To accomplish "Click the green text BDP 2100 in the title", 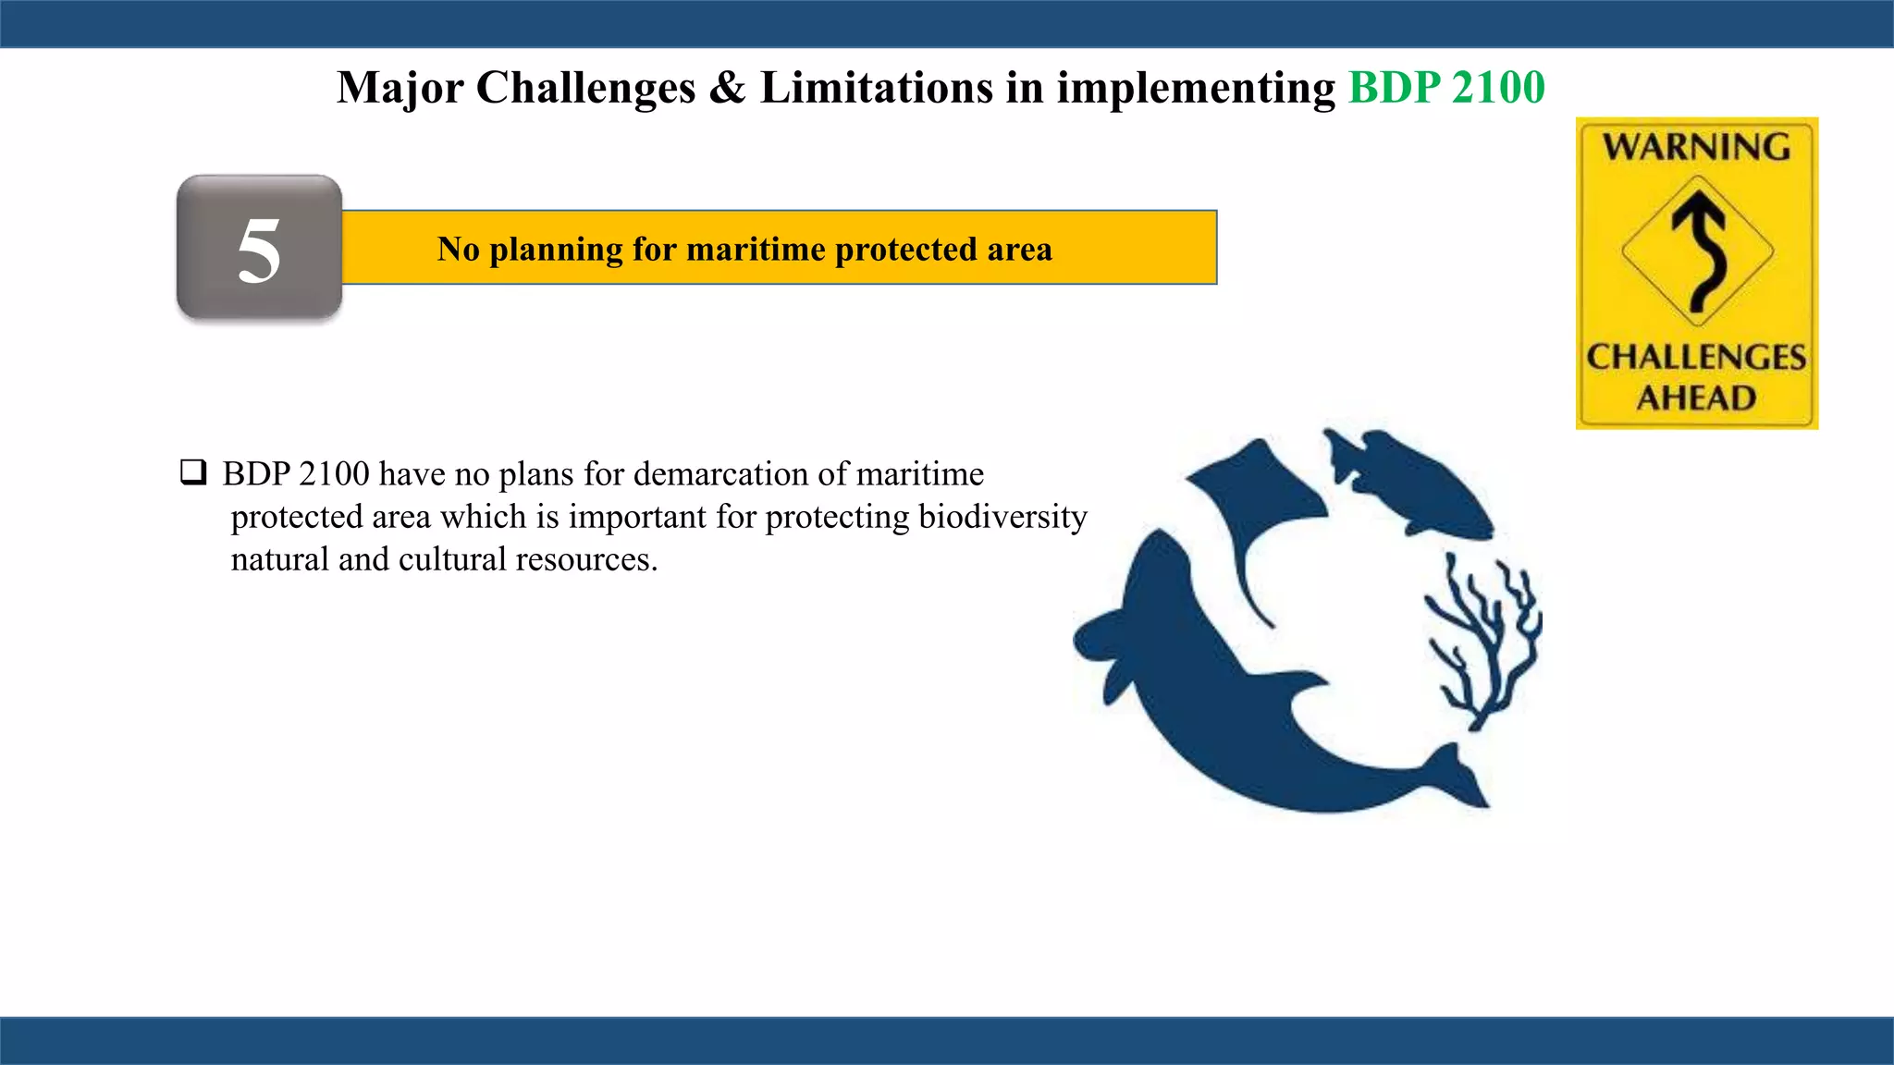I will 1445,88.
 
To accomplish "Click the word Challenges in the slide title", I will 585,89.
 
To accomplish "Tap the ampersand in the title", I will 727,88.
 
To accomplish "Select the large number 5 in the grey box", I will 259,250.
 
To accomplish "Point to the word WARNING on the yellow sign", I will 1696,147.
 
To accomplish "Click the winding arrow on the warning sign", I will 1699,250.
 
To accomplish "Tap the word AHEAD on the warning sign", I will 1696,398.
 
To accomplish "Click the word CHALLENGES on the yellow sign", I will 1696,357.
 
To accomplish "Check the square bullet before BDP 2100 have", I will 192,472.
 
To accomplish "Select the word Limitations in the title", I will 876,88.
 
